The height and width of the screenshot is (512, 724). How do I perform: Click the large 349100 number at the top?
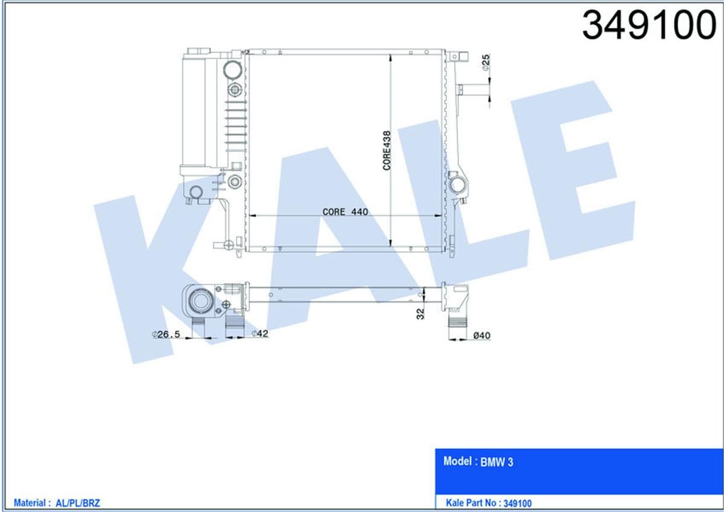[x=649, y=25]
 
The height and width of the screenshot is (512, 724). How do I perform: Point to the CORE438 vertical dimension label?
[x=387, y=150]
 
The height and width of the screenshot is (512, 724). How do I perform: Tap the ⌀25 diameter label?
[x=486, y=63]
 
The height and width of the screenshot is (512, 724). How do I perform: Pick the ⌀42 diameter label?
[x=259, y=334]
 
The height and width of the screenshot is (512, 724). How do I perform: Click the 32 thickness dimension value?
[x=421, y=313]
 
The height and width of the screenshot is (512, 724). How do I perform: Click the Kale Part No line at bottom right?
[x=489, y=502]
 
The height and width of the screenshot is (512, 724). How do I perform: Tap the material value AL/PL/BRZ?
[x=77, y=502]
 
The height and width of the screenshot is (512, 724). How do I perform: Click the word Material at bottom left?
[x=31, y=502]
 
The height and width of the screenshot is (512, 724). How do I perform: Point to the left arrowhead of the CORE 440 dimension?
[x=252, y=216]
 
